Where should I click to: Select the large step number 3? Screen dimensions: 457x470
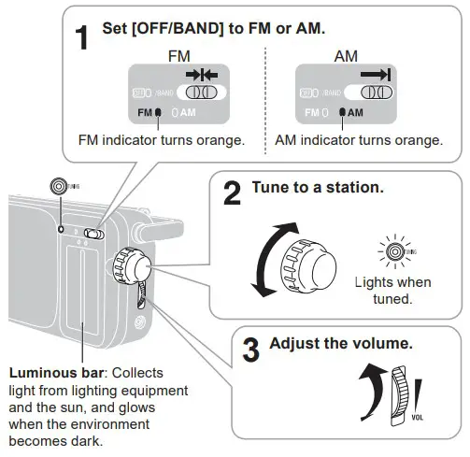click(251, 350)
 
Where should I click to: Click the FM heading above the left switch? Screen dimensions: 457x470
click(178, 57)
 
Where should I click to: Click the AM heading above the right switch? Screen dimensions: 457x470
click(346, 57)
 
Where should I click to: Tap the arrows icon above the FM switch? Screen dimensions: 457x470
click(200, 75)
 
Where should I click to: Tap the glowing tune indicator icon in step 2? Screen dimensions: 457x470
click(393, 251)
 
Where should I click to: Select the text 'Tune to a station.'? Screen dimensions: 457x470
click(317, 188)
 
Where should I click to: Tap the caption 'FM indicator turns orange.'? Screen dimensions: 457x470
click(162, 140)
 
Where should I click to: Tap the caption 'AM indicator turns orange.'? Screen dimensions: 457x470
click(359, 140)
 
